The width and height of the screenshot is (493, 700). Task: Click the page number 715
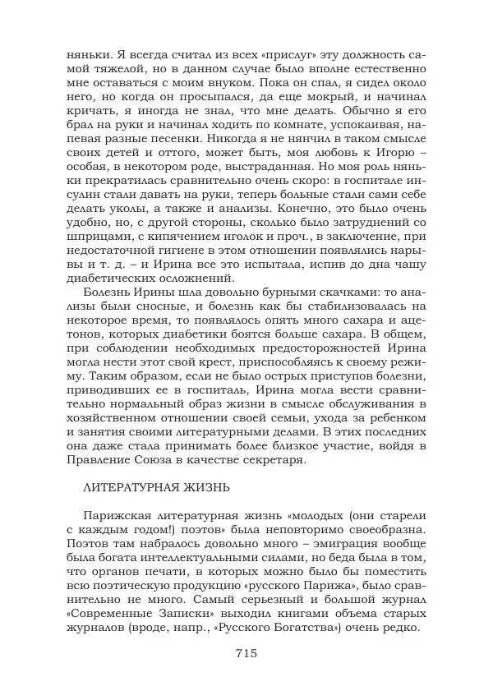coord(246,653)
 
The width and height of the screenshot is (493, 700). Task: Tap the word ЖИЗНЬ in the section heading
coord(205,486)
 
